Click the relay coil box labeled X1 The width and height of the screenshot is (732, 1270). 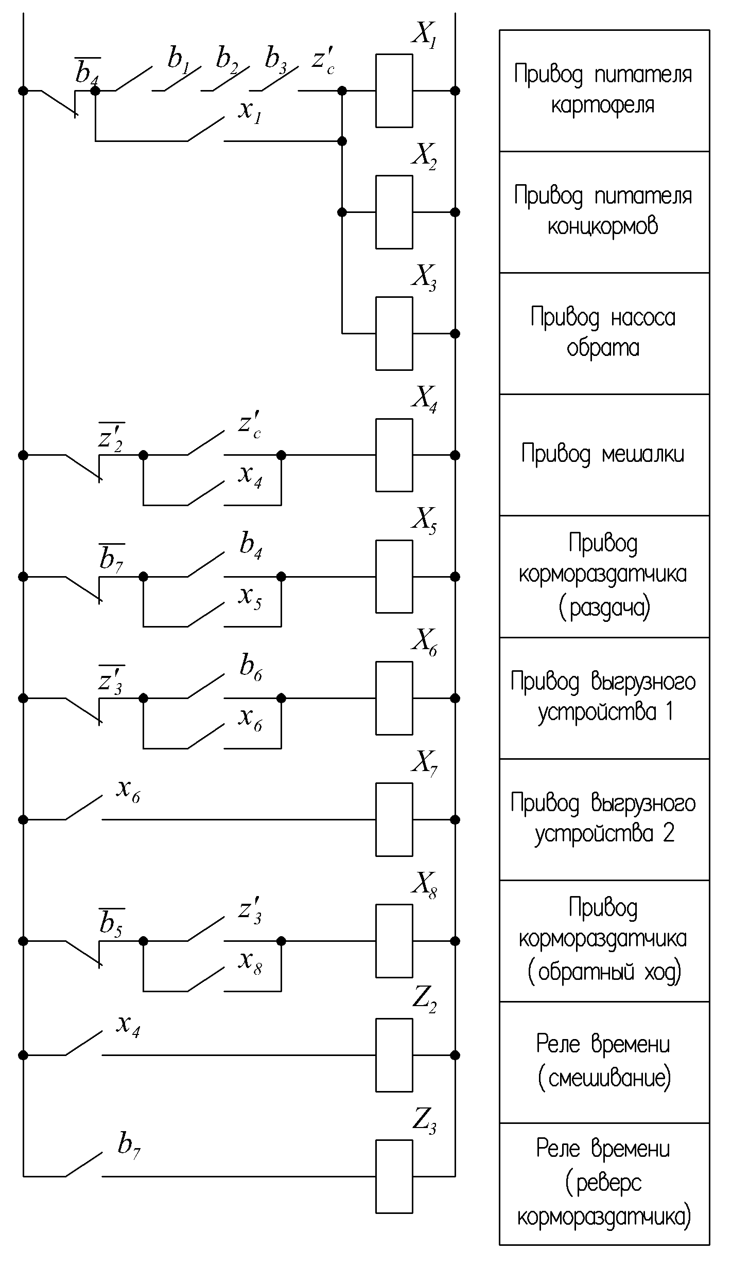pyautogui.click(x=394, y=91)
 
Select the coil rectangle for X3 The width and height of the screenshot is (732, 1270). pyautogui.click(x=394, y=333)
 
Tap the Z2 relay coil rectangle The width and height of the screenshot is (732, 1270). pyautogui.click(x=394, y=1055)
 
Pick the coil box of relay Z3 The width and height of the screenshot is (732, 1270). pyautogui.click(x=394, y=1176)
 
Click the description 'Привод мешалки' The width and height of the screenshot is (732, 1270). pyautogui.click(x=603, y=455)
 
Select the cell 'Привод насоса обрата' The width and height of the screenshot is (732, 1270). pyautogui.click(x=603, y=333)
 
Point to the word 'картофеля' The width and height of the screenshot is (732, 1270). pyautogui.click(x=603, y=105)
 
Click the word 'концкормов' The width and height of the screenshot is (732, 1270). pyautogui.click(x=603, y=226)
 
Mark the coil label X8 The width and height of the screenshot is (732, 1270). pyautogui.click(x=424, y=885)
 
